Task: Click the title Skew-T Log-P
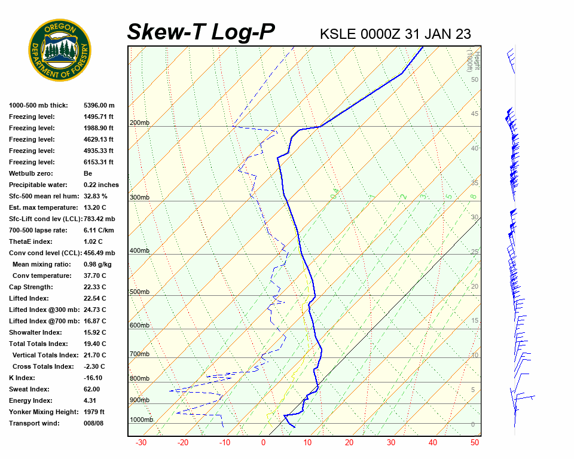point(201,32)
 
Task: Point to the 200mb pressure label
point(139,123)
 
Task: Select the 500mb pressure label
point(139,292)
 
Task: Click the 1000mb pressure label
point(141,420)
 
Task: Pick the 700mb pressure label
point(139,354)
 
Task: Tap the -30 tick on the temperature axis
point(141,443)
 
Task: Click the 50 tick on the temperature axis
point(475,443)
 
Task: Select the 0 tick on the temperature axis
point(263,443)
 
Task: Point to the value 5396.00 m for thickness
point(99,105)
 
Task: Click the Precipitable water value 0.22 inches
point(101,185)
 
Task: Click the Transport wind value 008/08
point(94,423)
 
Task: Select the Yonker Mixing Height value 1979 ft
point(94,412)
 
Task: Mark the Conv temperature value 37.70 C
point(95,276)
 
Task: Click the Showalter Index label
point(35,332)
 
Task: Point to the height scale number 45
point(474,114)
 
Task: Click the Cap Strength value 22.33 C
point(95,287)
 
